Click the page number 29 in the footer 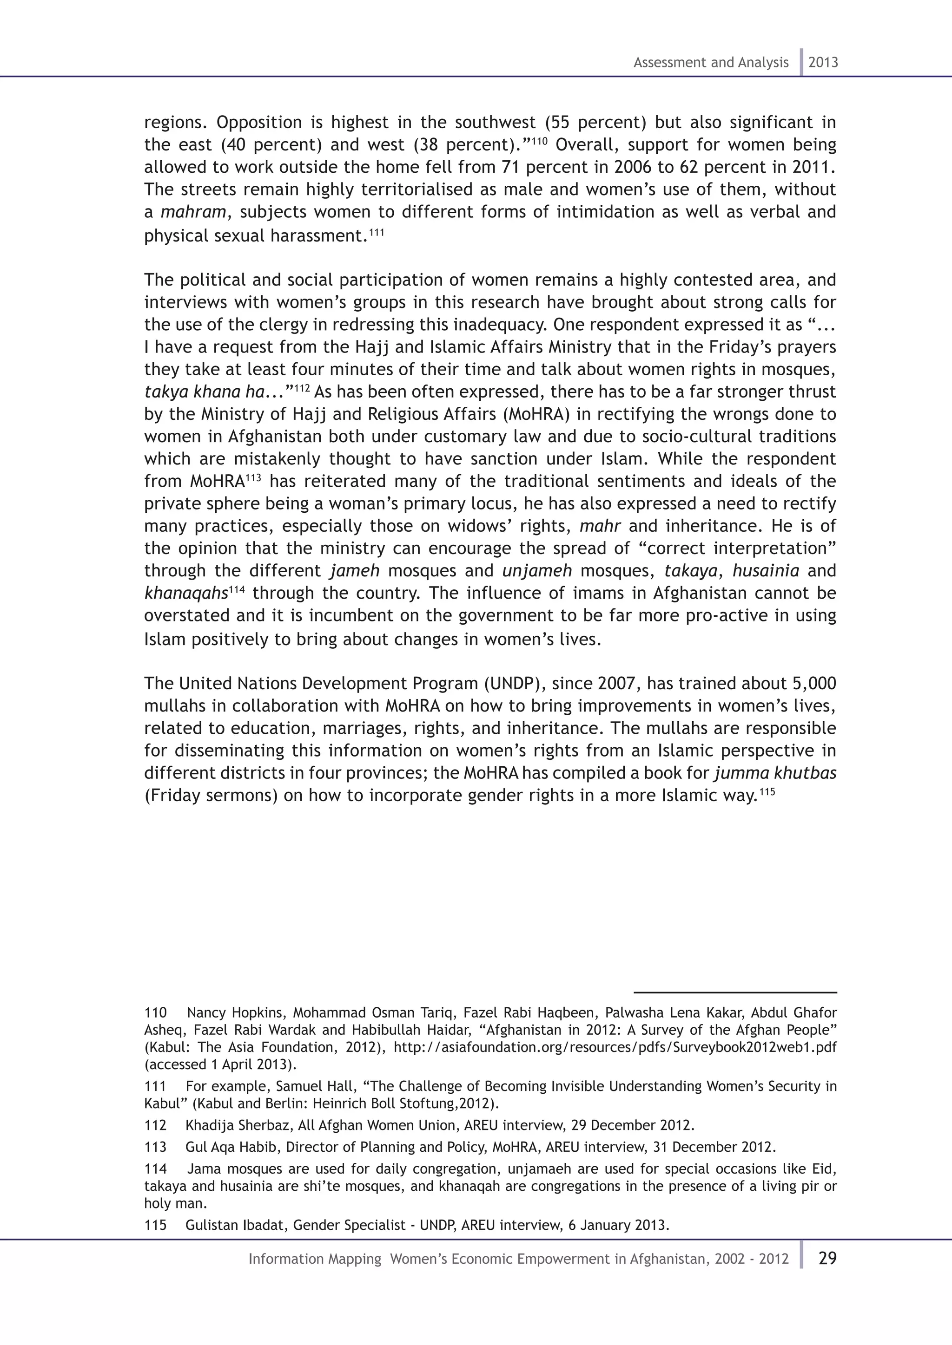coord(827,1258)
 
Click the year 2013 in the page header coord(823,62)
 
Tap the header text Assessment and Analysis coord(710,62)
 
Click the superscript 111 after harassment coord(377,232)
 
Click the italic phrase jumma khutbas coord(775,773)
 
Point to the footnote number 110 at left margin coord(155,1013)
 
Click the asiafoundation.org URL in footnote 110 coord(615,1047)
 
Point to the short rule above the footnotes coord(734,993)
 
